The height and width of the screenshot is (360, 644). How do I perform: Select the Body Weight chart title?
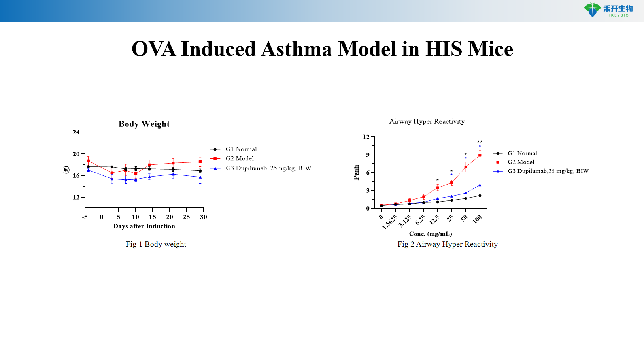144,124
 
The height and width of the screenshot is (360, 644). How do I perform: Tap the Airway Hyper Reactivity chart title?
427,121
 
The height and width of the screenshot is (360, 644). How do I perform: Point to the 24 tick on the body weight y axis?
76,132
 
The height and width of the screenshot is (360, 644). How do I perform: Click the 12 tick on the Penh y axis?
366,137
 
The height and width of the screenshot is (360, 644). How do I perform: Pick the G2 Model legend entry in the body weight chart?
240,158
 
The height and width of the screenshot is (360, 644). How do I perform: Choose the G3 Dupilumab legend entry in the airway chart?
548,171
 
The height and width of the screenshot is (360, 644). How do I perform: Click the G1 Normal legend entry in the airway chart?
522,153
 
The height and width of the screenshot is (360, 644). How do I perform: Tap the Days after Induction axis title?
144,226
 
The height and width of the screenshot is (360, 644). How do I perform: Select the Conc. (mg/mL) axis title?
431,234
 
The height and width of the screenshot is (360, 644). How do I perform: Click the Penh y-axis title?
356,173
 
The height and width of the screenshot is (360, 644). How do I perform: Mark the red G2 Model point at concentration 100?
480,156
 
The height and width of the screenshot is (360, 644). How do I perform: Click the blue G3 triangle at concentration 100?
480,185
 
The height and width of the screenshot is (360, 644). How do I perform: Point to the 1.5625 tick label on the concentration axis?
390,222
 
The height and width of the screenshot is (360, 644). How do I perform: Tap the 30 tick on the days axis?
203,217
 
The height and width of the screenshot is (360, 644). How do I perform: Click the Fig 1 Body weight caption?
156,244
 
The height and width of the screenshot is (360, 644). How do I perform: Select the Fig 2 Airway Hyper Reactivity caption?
448,244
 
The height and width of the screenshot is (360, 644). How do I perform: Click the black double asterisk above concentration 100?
480,142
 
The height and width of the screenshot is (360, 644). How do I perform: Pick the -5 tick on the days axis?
85,217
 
